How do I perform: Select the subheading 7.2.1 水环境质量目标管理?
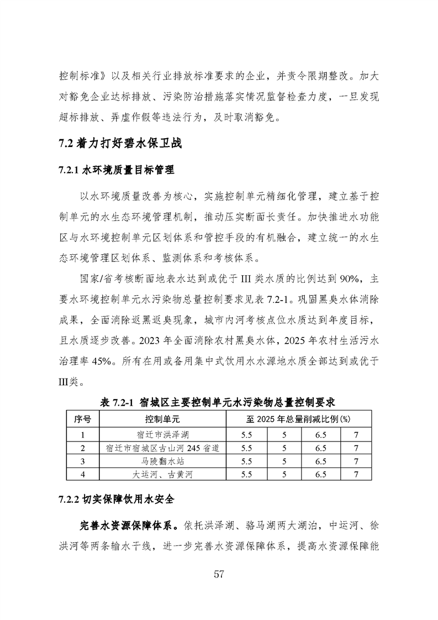pos(116,171)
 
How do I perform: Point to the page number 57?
pos(219,574)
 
